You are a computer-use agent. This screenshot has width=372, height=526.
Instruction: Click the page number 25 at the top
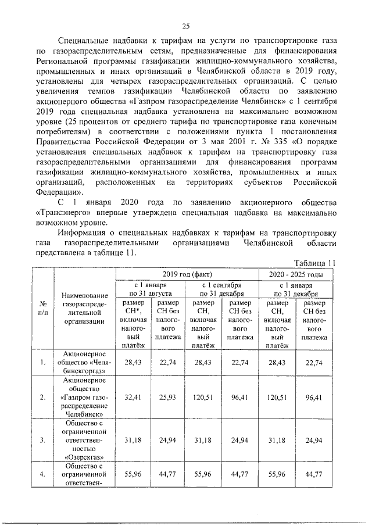point(186,25)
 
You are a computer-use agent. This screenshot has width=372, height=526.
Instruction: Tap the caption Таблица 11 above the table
point(314,262)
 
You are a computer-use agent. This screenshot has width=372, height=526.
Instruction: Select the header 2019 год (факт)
point(187,274)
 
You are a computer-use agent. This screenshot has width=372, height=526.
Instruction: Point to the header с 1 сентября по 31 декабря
point(221,289)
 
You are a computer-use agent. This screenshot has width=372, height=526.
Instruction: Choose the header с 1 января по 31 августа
point(150,289)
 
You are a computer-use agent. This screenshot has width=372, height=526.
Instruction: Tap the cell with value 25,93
point(169,398)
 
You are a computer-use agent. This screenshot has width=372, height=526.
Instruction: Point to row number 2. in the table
point(43,398)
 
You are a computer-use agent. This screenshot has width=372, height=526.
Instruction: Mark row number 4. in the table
point(43,475)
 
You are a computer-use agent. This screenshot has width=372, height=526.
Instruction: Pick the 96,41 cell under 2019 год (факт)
point(239,398)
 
